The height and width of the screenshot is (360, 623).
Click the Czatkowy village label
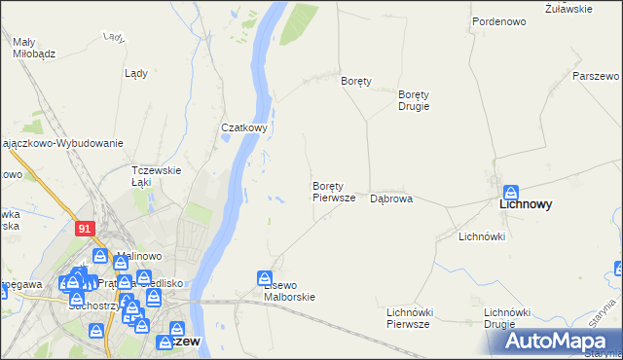pyautogui.click(x=243, y=127)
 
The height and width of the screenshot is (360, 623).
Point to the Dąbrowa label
pyautogui.click(x=391, y=198)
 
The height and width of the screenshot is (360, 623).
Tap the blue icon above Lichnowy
pyautogui.click(x=511, y=192)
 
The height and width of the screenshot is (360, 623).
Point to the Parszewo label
pyautogui.click(x=596, y=76)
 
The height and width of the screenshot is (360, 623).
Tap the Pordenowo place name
pyautogui.click(x=498, y=20)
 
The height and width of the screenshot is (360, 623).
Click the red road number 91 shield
pyautogui.click(x=85, y=227)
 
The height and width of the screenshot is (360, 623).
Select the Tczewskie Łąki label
pyautogui.click(x=157, y=176)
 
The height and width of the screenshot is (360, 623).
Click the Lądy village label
pyautogui.click(x=136, y=72)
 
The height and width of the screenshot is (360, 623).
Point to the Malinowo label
pyautogui.click(x=137, y=257)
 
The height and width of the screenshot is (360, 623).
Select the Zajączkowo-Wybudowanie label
pyautogui.click(x=62, y=143)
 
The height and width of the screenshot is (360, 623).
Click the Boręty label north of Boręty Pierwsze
pyautogui.click(x=357, y=82)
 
